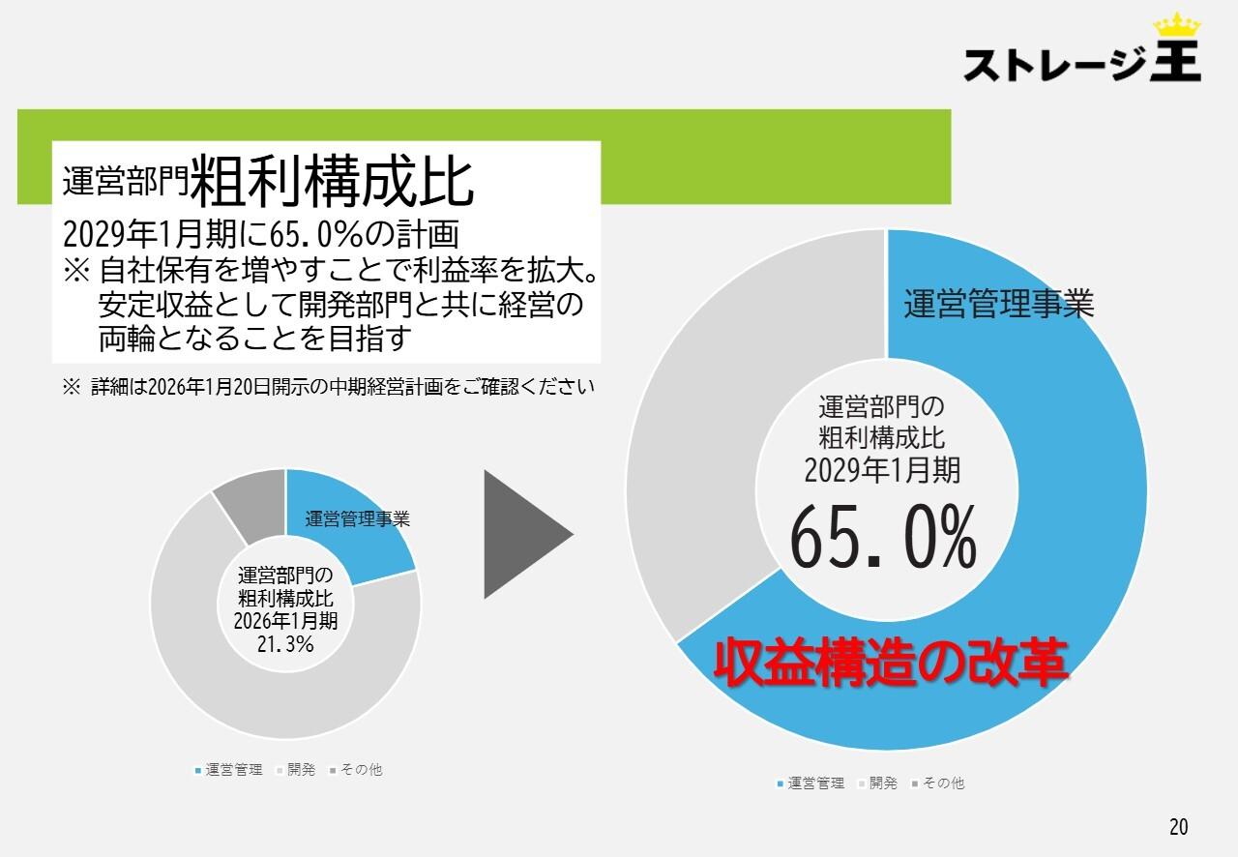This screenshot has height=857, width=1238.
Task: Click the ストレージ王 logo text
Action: pyautogui.click(x=1081, y=64)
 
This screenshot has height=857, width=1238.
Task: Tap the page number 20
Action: pyautogui.click(x=1178, y=827)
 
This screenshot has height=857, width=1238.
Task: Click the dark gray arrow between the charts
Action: pyautogui.click(x=525, y=534)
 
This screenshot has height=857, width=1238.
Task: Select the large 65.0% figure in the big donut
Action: pyautogui.click(x=883, y=540)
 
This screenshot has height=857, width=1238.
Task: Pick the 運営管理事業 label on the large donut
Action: pyautogui.click(x=998, y=305)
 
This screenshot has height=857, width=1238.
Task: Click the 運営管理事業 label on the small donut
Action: pyautogui.click(x=358, y=519)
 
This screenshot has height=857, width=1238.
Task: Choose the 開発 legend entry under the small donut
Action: pyautogui.click(x=296, y=770)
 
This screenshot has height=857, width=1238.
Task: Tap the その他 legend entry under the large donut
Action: pyautogui.click(x=936, y=783)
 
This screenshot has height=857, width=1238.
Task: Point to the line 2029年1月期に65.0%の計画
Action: pyautogui.click(x=259, y=235)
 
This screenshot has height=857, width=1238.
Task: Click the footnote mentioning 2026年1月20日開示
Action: pyautogui.click(x=329, y=387)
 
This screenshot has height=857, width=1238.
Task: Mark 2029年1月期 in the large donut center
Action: pyautogui.click(x=882, y=470)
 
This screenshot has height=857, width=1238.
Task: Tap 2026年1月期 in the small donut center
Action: pyautogui.click(x=285, y=620)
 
